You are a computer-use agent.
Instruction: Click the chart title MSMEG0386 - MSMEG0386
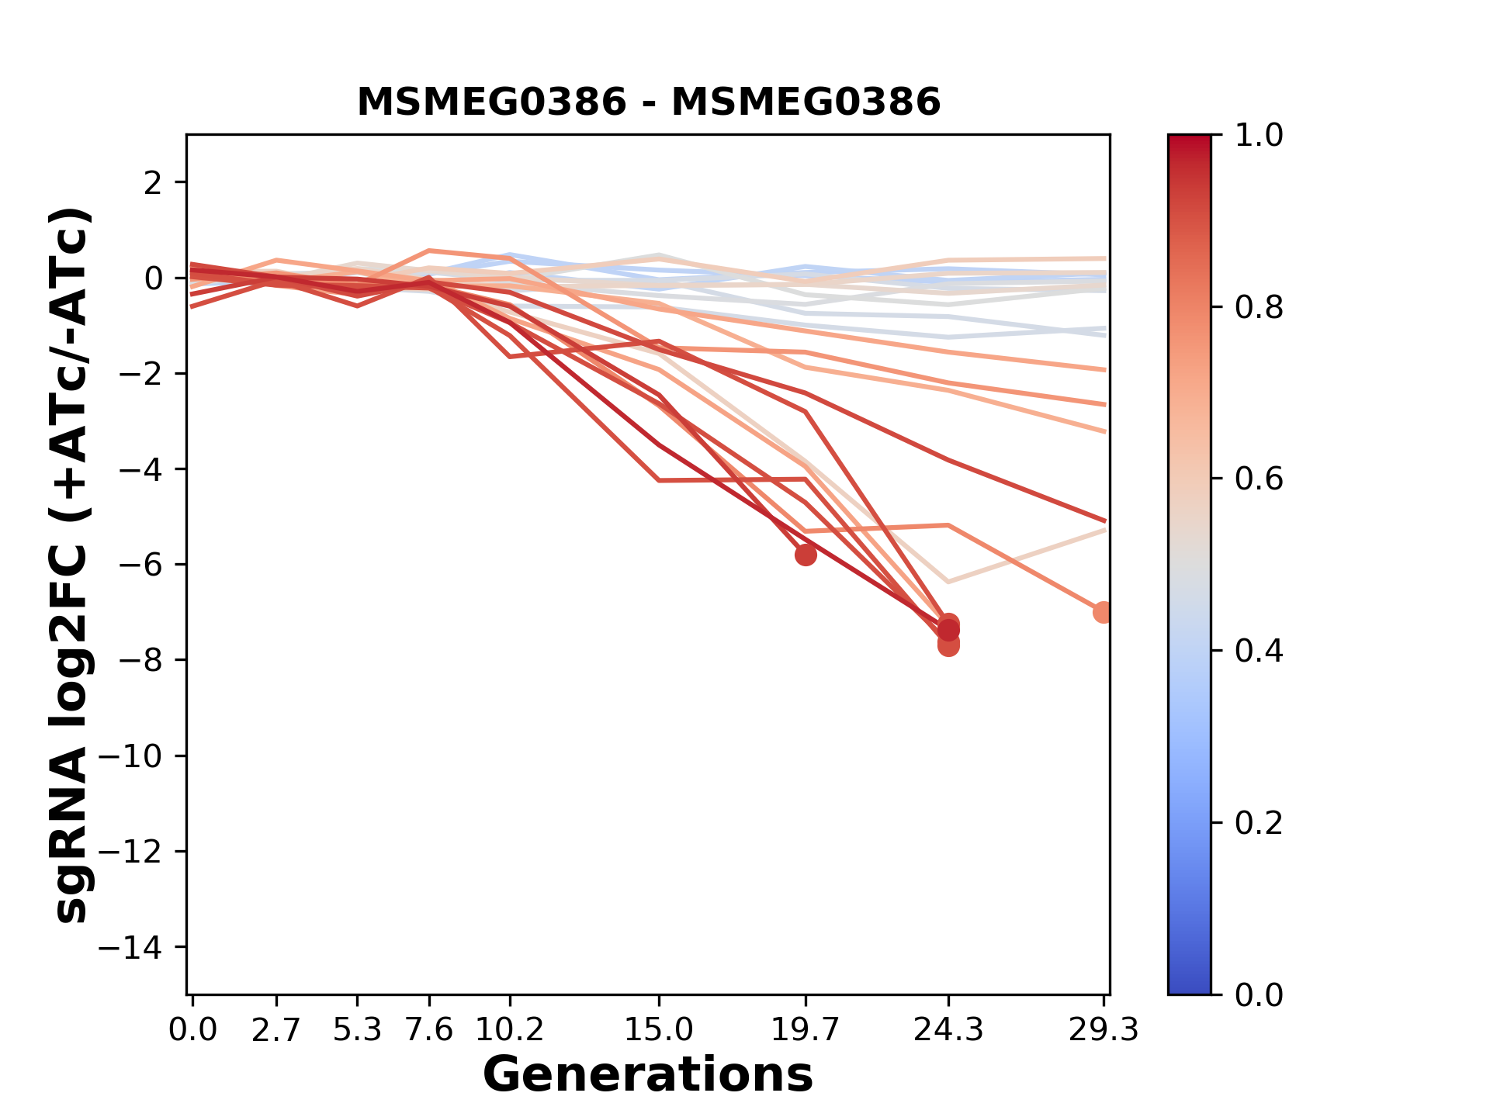coord(649,102)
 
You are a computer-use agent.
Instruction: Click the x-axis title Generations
coord(648,1075)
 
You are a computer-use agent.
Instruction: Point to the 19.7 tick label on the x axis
coord(806,1030)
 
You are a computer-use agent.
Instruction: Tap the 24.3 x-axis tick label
coord(948,1030)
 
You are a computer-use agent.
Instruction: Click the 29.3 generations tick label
coord(1104,1030)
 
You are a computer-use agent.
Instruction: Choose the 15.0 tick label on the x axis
coord(659,1030)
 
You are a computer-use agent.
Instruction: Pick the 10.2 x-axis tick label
coord(509,1030)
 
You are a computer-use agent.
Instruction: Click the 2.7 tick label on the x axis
coord(275,1030)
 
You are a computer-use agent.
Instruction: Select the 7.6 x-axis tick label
coord(429,1030)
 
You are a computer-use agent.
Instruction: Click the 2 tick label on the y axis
coord(154,183)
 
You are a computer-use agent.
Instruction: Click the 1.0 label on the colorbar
coord(1259,136)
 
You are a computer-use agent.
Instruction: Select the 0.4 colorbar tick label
coord(1259,651)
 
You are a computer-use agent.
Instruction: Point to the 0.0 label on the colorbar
coord(1259,994)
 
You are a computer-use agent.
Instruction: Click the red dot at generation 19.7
coord(806,555)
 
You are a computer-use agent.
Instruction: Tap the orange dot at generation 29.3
coord(1103,612)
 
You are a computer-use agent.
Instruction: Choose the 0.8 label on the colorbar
coord(1259,308)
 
